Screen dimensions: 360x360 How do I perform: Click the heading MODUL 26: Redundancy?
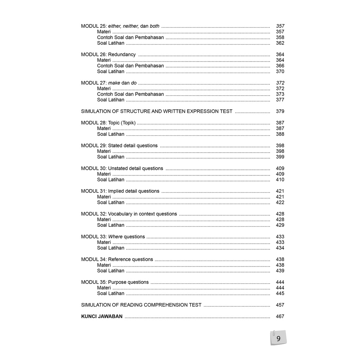[x=108, y=54]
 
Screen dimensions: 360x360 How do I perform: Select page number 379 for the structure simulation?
[x=280, y=111]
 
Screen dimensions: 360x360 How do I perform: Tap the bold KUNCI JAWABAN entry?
[x=102, y=316]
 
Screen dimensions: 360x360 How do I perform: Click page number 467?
[x=280, y=316]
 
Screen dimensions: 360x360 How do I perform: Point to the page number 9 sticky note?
[x=278, y=339]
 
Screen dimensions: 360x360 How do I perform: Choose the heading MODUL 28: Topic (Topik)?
[x=108, y=123]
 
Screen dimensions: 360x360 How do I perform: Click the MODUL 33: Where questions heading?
[x=113, y=237]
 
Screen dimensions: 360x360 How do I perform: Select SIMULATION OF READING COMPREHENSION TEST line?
[x=141, y=305]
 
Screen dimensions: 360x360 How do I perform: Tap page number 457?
[x=280, y=305]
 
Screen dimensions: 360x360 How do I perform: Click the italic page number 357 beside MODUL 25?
[x=280, y=26]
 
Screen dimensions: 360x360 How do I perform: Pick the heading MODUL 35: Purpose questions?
[x=115, y=282]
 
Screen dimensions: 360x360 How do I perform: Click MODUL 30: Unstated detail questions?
[x=122, y=168]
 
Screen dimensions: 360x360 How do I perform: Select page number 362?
[x=280, y=43]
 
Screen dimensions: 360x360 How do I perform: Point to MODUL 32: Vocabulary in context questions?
[x=129, y=214]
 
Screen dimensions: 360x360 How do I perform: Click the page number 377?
[x=280, y=100]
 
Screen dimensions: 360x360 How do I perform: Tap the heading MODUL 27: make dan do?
[x=109, y=83]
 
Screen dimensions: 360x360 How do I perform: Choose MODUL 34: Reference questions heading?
[x=117, y=259]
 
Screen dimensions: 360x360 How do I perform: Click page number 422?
[x=280, y=202]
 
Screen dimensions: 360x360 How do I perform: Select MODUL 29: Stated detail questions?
[x=119, y=146]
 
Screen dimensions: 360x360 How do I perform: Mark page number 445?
[x=280, y=294]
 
